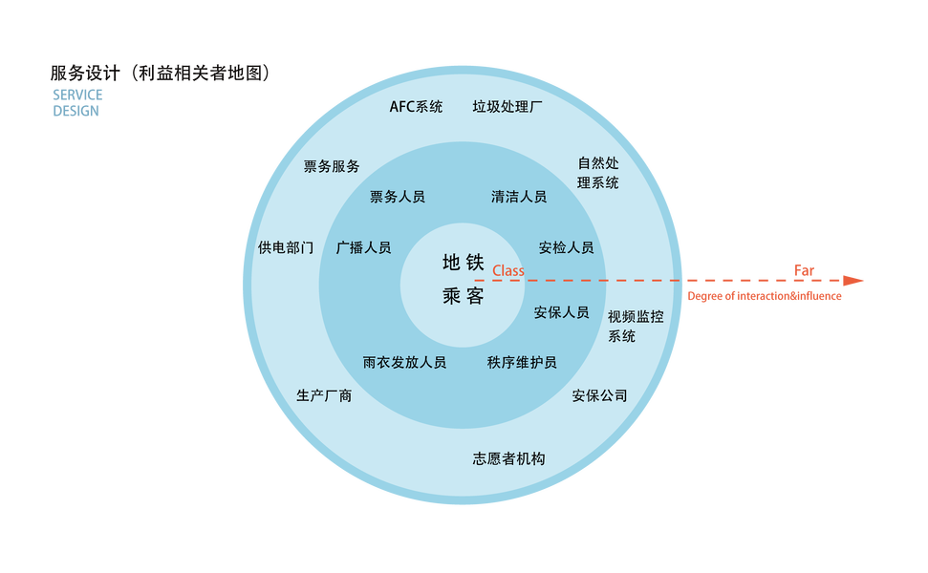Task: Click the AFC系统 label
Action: (416, 107)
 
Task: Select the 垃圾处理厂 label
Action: (507, 107)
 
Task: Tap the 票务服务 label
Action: (332, 166)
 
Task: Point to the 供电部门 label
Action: (286, 247)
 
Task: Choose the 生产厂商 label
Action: (324, 395)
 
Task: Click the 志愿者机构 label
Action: (508, 458)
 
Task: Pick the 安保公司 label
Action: (599, 395)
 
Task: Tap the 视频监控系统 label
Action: (636, 326)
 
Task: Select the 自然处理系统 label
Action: (598, 173)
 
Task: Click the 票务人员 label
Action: (397, 197)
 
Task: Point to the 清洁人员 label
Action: (519, 197)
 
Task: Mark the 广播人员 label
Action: (363, 247)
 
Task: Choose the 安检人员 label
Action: (566, 247)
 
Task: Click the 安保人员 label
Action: (561, 312)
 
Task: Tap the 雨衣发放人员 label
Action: (404, 363)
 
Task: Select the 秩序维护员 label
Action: (522, 363)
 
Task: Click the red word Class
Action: (508, 271)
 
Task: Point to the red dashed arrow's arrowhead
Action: (855, 281)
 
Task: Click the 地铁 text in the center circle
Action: (464, 263)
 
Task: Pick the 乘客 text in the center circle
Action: (464, 296)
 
